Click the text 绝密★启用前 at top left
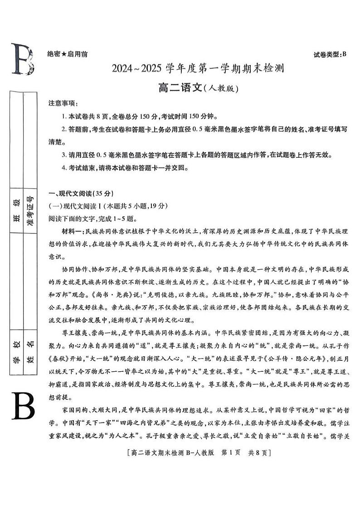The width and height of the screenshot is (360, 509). click(68, 54)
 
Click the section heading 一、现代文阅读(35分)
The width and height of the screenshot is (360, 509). click(80, 194)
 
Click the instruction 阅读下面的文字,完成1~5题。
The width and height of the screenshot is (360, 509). click(93, 218)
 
